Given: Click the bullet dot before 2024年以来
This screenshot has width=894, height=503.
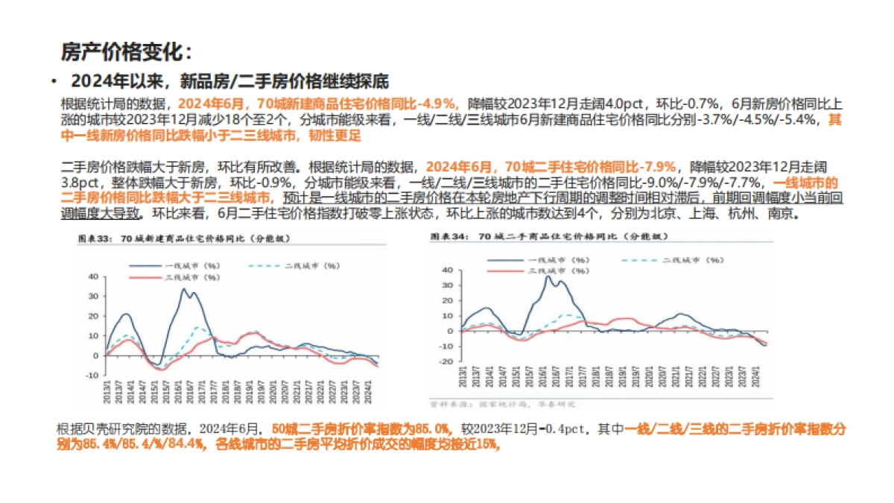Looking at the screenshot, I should point(55,81).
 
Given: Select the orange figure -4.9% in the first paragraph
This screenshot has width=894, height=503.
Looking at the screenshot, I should point(438,103).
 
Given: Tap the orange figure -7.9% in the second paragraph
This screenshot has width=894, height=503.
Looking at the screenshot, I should point(659,166).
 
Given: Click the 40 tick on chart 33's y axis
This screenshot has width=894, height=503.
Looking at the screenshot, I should point(94,276).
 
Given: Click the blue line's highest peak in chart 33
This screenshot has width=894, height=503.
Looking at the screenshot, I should point(185,289).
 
